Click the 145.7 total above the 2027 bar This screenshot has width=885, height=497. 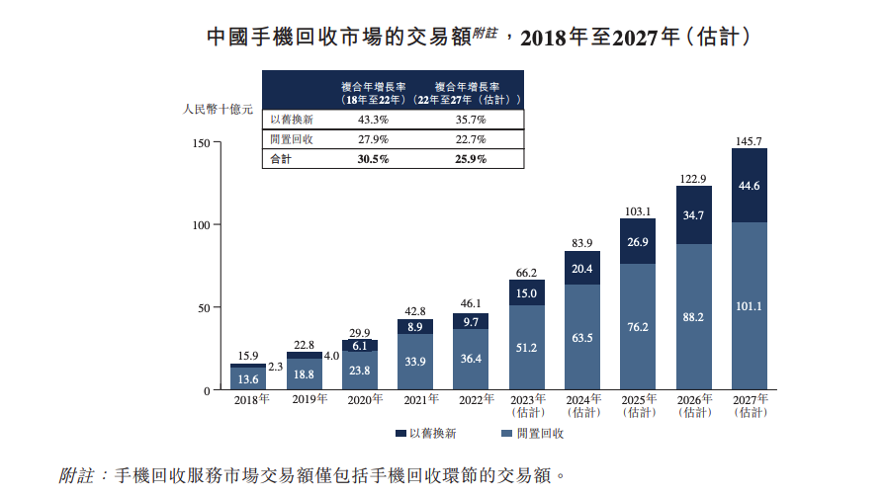click(x=750, y=141)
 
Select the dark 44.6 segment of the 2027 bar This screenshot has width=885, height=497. click(x=750, y=186)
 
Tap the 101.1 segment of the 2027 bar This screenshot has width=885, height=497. click(x=750, y=305)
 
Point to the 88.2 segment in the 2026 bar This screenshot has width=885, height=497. click(x=694, y=317)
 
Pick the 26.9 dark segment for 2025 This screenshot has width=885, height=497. click(x=638, y=242)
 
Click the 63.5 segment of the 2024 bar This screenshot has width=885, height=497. click(x=582, y=337)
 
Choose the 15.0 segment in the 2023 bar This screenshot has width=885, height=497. click(x=527, y=293)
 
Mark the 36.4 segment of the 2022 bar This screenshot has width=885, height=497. click(x=471, y=358)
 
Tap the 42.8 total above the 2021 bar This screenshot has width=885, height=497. click(x=415, y=312)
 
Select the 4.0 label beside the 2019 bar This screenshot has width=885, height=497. click(x=331, y=356)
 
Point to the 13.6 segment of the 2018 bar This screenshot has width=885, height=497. click(x=248, y=379)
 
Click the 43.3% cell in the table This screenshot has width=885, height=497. click(x=373, y=119)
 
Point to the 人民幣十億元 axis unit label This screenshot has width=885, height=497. click(x=219, y=110)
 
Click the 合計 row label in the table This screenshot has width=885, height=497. click(x=282, y=159)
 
